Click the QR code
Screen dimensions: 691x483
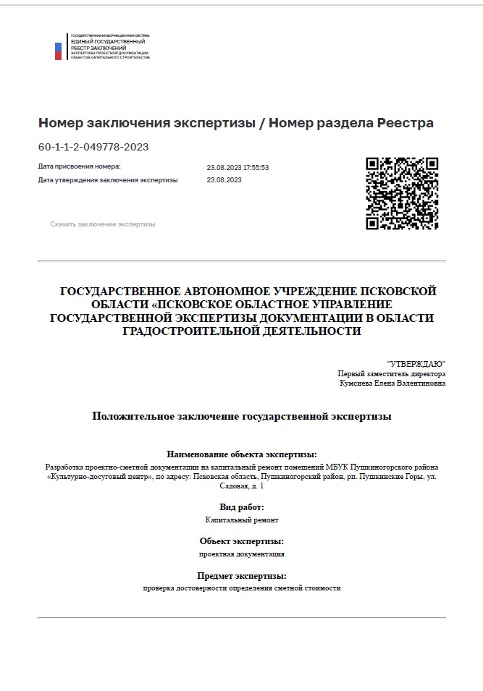[402, 193]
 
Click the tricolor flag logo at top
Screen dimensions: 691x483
[59, 51]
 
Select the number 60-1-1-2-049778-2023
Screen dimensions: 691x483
[93, 147]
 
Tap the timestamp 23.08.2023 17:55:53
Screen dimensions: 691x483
[238, 167]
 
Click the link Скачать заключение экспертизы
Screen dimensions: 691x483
[103, 224]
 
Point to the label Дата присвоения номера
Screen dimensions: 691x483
[80, 167]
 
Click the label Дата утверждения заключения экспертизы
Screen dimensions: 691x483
[108, 180]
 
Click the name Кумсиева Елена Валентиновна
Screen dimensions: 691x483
[393, 383]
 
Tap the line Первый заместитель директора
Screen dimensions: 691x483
[392, 373]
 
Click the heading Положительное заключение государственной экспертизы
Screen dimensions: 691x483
[242, 416]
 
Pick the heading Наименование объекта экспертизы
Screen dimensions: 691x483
[242, 454]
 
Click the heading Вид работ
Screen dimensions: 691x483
[242, 507]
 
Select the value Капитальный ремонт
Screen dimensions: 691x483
[242, 520]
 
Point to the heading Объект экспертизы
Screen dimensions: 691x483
[242, 541]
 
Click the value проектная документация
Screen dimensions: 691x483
[242, 554]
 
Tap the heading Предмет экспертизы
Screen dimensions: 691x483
[242, 576]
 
